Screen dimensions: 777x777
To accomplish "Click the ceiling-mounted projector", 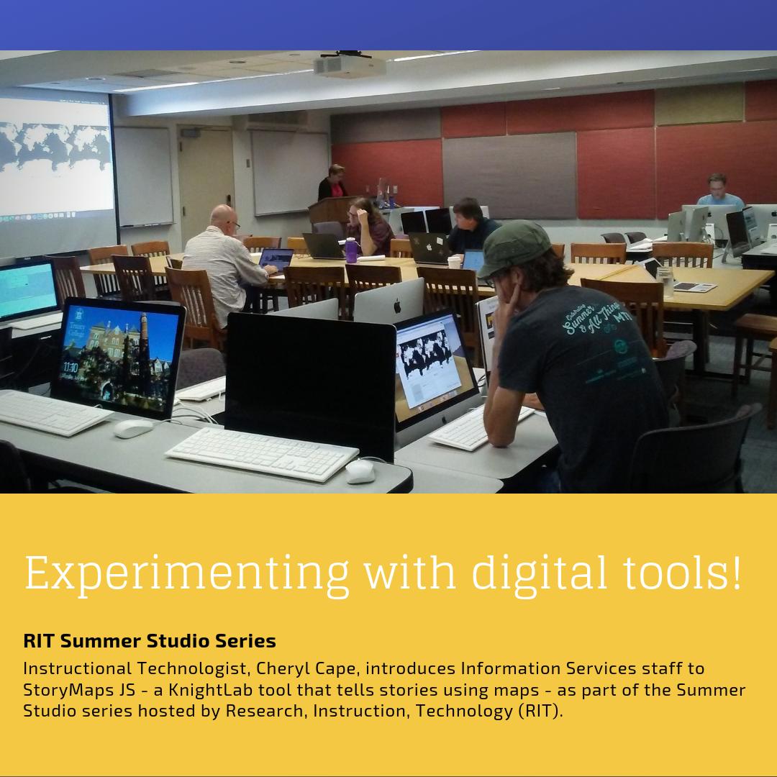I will [350, 65].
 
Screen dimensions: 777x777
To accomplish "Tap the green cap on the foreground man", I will [514, 247].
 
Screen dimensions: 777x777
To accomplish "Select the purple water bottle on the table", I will [351, 250].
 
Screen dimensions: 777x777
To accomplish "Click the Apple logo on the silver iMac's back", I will [396, 306].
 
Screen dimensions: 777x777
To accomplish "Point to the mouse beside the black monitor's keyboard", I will [360, 471].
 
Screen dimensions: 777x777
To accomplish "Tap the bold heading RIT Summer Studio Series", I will [150, 640].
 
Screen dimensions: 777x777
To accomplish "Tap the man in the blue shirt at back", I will [719, 192].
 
